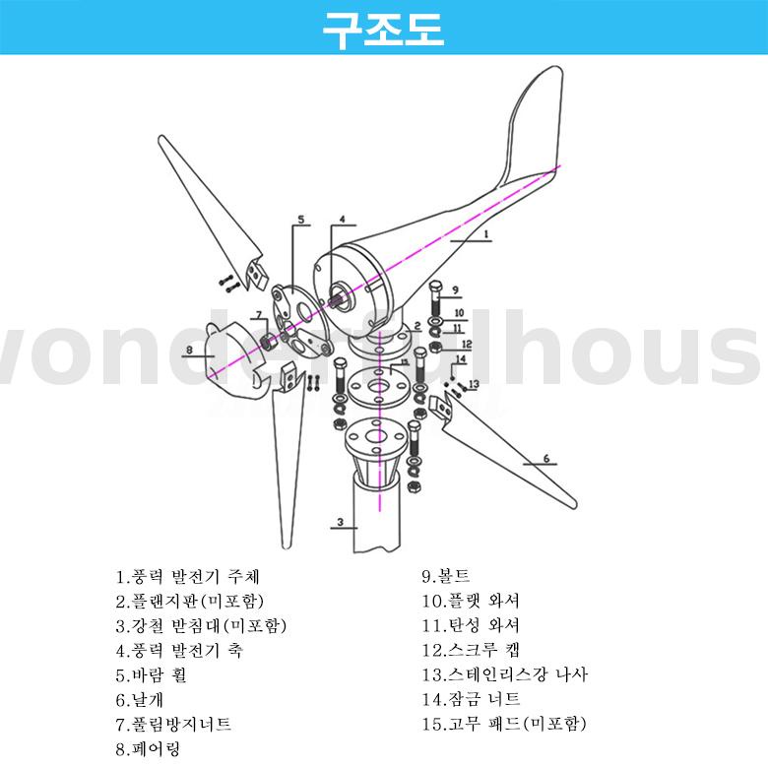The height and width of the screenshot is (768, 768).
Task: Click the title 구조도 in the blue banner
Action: pos(384,29)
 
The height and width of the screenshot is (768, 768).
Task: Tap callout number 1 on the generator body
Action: pos(484,235)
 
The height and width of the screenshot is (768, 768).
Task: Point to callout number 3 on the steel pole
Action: pos(339,522)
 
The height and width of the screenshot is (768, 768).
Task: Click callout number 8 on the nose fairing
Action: pos(189,349)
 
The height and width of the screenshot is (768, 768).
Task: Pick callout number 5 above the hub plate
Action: pos(301,220)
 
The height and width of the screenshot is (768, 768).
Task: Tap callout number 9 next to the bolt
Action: pos(456,290)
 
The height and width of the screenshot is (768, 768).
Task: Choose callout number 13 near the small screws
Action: pos(474,384)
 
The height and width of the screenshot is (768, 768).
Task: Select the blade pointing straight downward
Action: pos(287,463)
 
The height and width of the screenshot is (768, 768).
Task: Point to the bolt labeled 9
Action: pos(436,296)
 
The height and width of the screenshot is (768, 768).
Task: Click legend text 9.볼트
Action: pos(446,575)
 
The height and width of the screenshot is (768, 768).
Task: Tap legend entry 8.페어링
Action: pos(143,748)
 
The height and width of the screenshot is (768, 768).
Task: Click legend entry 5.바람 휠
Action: pos(150,674)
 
